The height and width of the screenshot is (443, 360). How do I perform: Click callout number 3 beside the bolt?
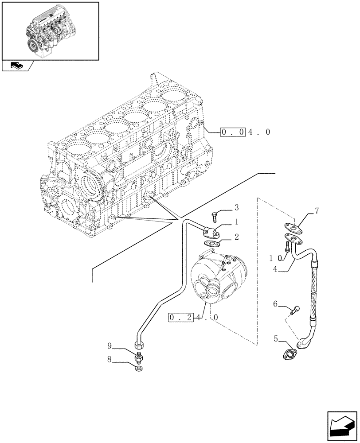tap(236, 207)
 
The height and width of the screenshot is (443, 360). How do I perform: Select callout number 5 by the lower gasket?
tap(275, 339)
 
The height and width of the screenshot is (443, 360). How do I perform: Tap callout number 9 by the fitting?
tap(109, 345)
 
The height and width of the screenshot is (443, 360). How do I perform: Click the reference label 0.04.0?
tap(245, 132)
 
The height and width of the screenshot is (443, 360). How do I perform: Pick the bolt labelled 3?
tap(215, 217)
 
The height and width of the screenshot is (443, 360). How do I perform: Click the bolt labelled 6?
tap(294, 310)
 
